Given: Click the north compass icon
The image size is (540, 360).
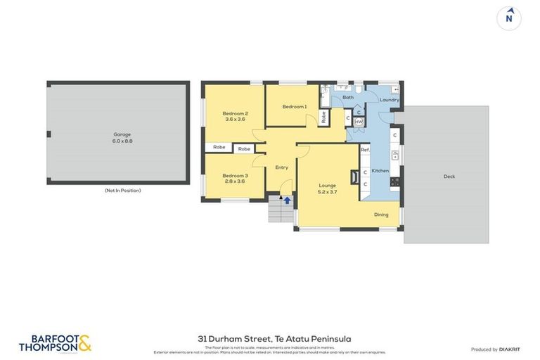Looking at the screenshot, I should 509,18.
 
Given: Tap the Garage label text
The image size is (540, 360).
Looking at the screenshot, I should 122,134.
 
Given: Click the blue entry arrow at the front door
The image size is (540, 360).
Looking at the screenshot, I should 287,200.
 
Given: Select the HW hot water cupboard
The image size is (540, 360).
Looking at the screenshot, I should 359,122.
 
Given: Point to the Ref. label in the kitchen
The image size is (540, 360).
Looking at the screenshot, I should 365,150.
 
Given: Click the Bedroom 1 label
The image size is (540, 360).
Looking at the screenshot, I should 295,107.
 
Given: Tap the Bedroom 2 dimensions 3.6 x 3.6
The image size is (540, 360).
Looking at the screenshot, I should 235,120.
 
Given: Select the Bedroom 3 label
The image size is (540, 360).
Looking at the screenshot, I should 235,175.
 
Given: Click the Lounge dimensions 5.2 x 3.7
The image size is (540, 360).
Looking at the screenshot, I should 328,192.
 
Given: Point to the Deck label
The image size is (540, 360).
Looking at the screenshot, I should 449,176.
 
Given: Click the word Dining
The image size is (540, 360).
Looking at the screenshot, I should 380,214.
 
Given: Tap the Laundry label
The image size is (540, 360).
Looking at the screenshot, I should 389,100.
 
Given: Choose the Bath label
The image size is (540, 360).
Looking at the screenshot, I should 348,97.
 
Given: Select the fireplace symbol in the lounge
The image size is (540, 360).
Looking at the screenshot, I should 354,176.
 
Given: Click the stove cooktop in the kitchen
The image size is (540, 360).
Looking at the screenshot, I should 395,181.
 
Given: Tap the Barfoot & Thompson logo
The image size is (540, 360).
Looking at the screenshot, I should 55,343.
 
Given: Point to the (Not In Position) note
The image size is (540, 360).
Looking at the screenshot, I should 122,191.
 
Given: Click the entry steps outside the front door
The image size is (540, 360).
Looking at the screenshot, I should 280,210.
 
